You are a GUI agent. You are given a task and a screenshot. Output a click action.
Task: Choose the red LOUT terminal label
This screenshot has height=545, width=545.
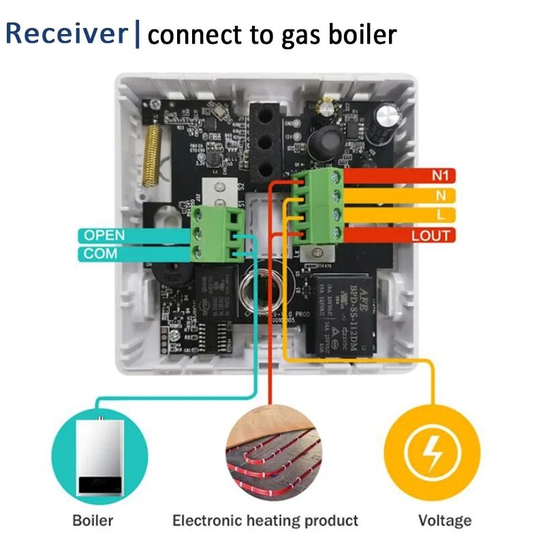click(431, 236)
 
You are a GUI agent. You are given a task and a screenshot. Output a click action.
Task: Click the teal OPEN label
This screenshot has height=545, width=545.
click(104, 235)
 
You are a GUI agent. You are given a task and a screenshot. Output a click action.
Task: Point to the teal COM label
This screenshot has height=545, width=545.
click(100, 253)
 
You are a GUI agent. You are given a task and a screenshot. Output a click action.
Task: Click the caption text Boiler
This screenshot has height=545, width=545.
click(93, 521)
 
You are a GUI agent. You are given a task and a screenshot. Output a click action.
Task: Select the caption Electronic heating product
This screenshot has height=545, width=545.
click(265, 521)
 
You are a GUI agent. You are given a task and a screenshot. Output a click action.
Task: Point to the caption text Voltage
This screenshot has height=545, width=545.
click(444, 521)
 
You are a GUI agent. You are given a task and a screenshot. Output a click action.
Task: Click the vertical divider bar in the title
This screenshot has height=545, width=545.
click(137, 33)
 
